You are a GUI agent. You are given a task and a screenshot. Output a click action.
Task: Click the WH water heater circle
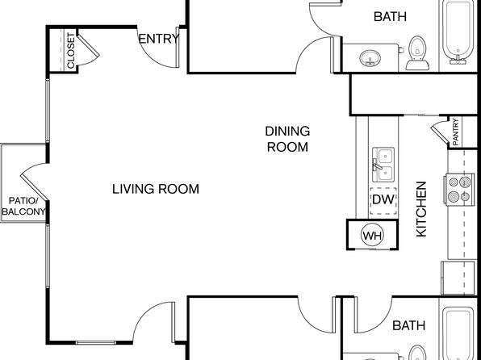click(x=372, y=236)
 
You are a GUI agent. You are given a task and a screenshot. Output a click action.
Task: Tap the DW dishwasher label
click(x=383, y=200)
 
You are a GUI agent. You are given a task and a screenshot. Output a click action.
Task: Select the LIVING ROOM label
click(x=156, y=189)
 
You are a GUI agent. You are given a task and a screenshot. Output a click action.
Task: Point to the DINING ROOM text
click(x=287, y=139)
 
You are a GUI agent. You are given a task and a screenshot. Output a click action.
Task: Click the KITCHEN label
click(x=421, y=209)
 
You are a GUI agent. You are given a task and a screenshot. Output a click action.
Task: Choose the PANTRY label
click(x=455, y=132)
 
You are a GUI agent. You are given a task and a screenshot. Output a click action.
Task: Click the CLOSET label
click(x=70, y=51)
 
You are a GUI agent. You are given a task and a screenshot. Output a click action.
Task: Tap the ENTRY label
click(x=159, y=39)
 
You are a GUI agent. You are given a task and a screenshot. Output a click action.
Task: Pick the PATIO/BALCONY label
click(x=23, y=207)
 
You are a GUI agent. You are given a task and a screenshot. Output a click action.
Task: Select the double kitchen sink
click(x=383, y=165)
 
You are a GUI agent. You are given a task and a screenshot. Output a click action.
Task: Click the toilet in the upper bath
click(x=417, y=53)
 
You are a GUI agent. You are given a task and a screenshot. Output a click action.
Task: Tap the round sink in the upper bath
click(x=370, y=58)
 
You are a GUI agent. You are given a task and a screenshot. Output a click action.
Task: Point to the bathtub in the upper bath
click(x=458, y=32)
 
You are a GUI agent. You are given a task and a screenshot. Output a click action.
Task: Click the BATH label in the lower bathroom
click(x=409, y=325)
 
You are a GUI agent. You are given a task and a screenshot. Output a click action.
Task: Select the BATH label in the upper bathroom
click(x=390, y=16)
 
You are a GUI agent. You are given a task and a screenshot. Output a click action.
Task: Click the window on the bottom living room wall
click(x=95, y=342)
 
